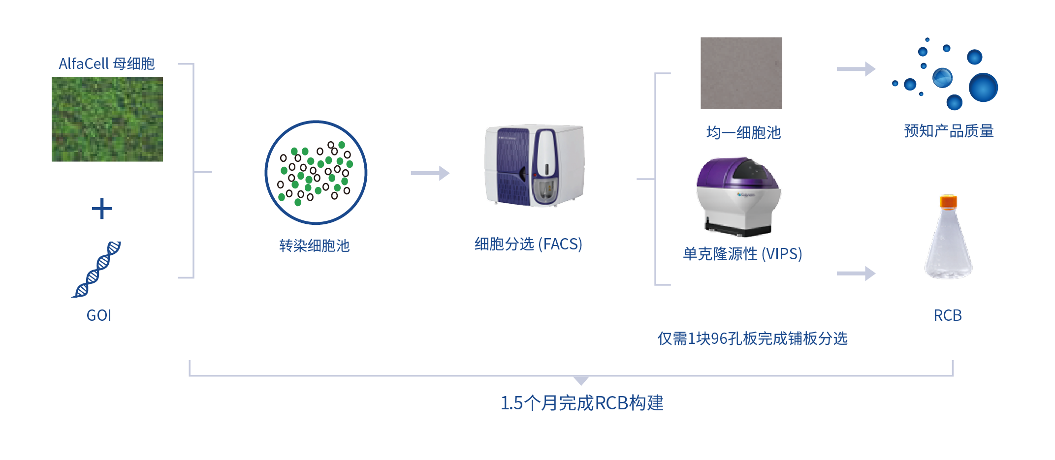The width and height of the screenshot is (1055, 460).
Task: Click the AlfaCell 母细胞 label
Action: click(106, 64)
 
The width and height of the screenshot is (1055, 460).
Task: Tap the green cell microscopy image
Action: click(107, 119)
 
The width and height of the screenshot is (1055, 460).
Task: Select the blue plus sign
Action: click(102, 209)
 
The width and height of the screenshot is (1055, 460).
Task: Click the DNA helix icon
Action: click(96, 269)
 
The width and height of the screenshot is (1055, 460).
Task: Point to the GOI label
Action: click(99, 315)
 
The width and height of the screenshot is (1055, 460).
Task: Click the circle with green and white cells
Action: click(316, 173)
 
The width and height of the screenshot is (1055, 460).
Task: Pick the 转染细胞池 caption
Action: click(314, 245)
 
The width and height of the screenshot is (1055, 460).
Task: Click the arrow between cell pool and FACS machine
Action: click(430, 173)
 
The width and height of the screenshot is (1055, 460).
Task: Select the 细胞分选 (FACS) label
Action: click(528, 244)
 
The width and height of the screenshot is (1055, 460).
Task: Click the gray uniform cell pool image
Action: click(741, 73)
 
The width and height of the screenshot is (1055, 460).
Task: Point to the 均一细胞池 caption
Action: click(743, 133)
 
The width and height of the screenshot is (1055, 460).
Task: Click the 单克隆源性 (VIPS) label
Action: click(742, 254)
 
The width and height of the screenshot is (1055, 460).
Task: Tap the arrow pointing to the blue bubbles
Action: click(856, 69)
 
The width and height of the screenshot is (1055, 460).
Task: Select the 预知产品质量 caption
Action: click(949, 131)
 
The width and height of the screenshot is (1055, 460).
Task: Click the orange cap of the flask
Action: click(948, 201)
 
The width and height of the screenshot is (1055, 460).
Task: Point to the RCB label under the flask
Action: click(948, 315)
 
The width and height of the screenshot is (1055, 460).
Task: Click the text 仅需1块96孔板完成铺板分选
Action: click(752, 338)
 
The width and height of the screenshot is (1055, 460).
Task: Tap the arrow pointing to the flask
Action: click(856, 273)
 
